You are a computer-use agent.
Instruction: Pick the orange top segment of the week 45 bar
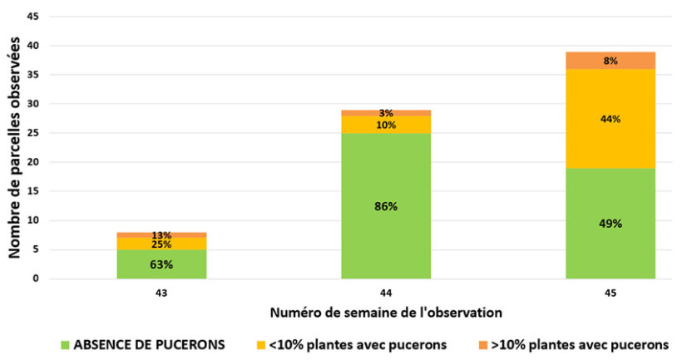[610, 60]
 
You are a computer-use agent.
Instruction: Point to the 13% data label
[162, 235]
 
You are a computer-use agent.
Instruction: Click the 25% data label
[162, 244]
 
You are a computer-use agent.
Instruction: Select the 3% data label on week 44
[386, 113]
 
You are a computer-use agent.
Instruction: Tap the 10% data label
[386, 125]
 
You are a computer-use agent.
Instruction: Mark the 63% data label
[162, 264]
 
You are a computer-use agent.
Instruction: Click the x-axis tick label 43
[162, 293]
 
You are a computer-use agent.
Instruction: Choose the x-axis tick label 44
[386, 293]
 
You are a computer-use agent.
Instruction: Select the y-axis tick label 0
[36, 279]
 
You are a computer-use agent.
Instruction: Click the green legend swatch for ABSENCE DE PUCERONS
[66, 344]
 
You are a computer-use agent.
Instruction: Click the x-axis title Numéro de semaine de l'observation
[385, 313]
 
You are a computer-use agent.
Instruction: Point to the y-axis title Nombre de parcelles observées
[14, 148]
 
